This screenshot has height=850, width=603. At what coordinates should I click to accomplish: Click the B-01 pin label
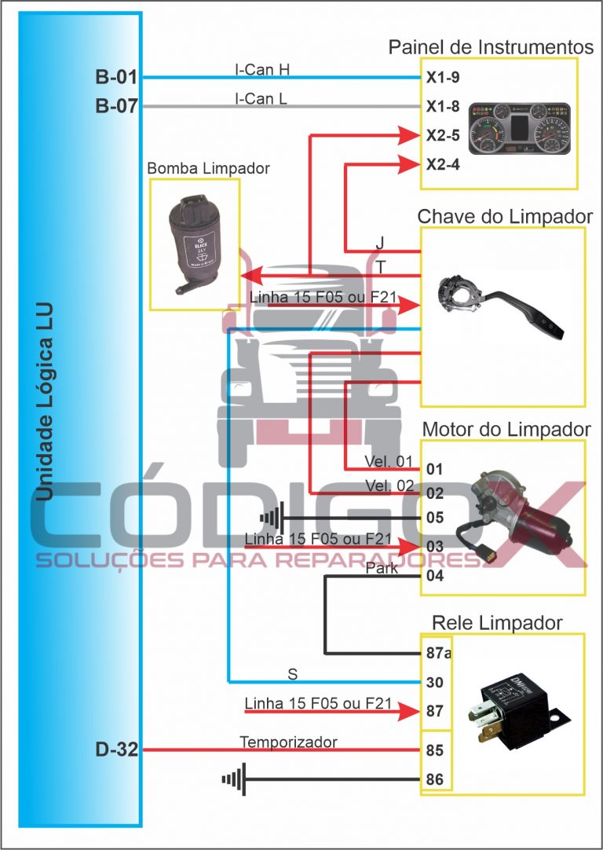coord(116,78)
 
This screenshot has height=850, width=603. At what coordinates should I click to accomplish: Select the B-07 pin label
coord(116,106)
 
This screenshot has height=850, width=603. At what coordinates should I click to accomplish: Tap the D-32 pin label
coord(116,750)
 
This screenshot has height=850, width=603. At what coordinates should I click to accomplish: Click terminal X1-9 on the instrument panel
coord(443,78)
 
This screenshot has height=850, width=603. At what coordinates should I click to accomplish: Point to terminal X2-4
coord(443,164)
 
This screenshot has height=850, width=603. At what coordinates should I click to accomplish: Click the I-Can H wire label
coord(262,69)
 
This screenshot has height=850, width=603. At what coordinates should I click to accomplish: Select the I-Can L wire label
coord(261,98)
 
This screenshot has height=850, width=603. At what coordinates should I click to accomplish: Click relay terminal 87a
coord(437,654)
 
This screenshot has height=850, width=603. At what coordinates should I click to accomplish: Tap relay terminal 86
coord(435,779)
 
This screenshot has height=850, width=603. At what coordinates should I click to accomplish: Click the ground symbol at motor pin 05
coord(270,519)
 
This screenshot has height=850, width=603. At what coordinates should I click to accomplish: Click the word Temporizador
coord(288,742)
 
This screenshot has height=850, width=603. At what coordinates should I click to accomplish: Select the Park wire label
coord(382,569)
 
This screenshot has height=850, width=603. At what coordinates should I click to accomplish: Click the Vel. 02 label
coord(388,485)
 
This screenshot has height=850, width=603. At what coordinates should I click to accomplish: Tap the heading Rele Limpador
coord(497,623)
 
